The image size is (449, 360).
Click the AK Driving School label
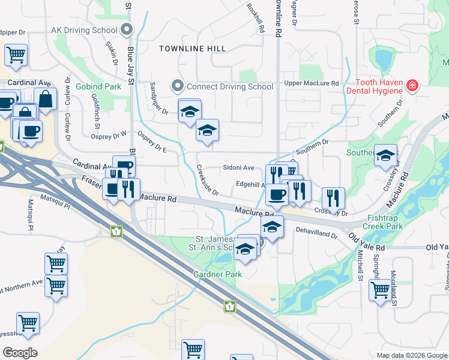point(84,29)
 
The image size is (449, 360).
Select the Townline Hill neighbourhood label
point(192,48)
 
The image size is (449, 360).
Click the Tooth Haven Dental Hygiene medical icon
point(412,86)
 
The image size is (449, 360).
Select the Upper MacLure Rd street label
point(312,83)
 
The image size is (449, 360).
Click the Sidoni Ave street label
point(239,168)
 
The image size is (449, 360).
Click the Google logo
point(20,352)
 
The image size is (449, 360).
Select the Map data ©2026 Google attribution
point(412,355)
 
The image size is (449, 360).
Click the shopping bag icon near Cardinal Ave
point(46,99)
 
